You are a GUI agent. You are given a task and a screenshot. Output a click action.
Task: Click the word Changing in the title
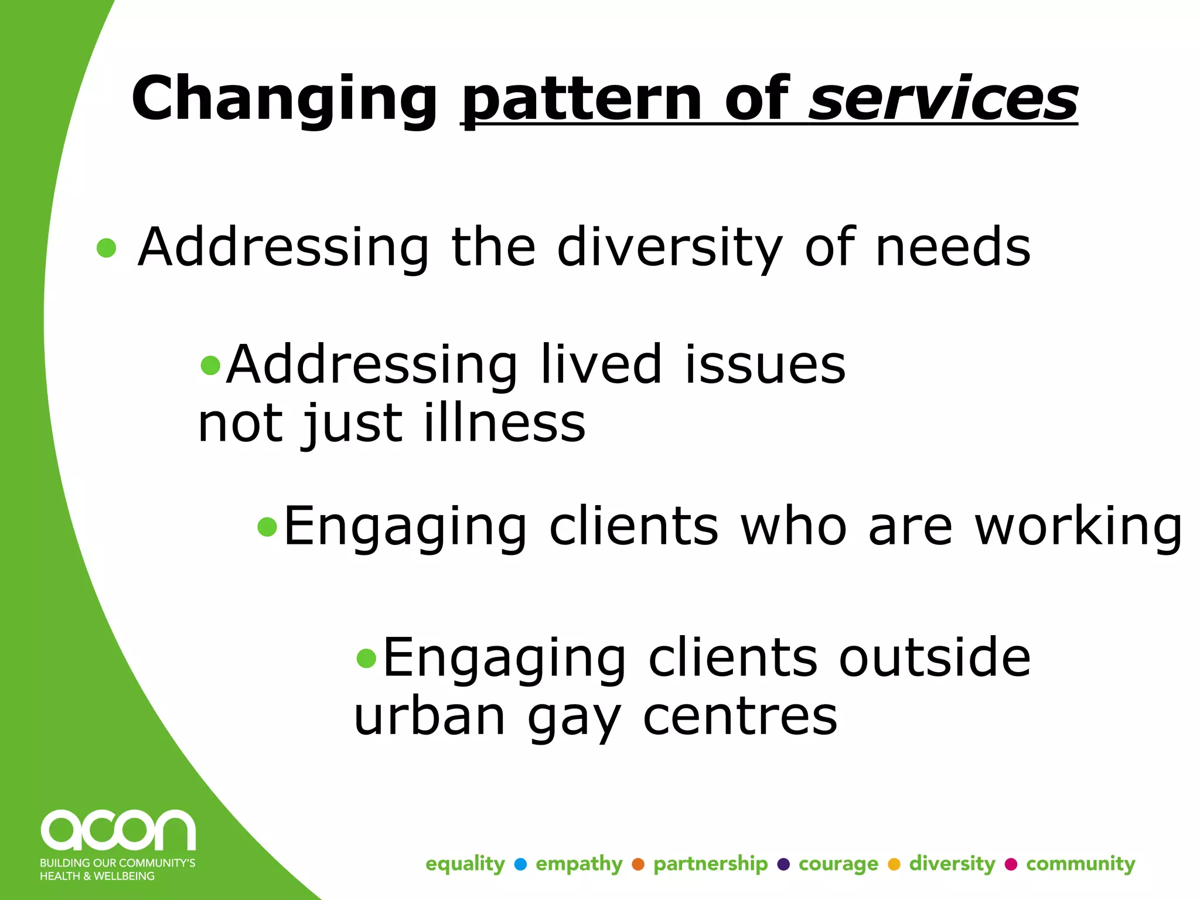coord(284,100)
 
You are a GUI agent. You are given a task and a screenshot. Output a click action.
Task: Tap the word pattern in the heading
coord(583,100)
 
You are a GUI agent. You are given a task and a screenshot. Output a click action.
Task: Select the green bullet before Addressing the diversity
coord(107,248)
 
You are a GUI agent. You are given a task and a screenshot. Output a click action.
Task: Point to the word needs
coord(953,247)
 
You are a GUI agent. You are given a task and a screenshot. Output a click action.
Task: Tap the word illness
coord(504,423)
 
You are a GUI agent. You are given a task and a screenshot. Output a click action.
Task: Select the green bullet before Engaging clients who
coord(267,527)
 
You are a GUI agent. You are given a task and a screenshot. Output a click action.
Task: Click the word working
coord(1078,527)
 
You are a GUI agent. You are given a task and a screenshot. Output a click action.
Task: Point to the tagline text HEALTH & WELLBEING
coord(97,876)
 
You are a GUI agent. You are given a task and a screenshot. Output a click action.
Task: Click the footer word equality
coord(465,864)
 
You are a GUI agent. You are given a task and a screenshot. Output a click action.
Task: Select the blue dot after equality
coord(520,864)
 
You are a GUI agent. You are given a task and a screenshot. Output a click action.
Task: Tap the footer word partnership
coord(710,864)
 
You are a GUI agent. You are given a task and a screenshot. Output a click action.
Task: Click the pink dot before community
coord(1011,864)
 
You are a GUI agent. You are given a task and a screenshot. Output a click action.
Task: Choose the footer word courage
coord(838,864)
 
